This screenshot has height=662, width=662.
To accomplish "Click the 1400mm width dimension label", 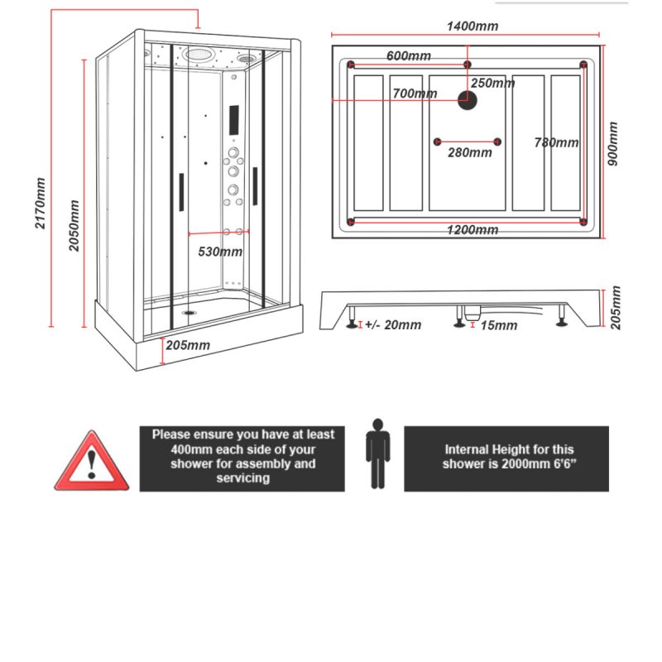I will [x=473, y=26].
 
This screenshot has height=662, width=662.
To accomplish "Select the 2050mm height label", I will [x=74, y=226].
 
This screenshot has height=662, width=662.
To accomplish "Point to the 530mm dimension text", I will [x=220, y=252].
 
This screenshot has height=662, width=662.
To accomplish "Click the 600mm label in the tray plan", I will [x=409, y=55].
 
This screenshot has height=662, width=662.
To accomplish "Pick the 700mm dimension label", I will [x=415, y=94].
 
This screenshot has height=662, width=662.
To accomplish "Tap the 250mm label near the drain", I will [x=493, y=83].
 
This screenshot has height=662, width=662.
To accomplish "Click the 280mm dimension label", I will [x=469, y=152].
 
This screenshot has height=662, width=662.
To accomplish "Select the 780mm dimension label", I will [x=556, y=142].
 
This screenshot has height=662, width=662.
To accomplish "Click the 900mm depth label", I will [x=614, y=143].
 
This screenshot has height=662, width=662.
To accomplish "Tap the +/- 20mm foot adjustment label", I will [x=392, y=325].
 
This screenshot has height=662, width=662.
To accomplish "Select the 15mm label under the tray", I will [x=498, y=325].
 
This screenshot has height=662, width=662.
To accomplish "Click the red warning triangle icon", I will [x=91, y=463].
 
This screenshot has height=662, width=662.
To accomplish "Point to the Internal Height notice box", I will [x=506, y=458].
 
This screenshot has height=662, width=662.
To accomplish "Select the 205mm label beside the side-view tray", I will [x=614, y=308].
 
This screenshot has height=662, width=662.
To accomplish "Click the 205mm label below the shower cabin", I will [x=188, y=344].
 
